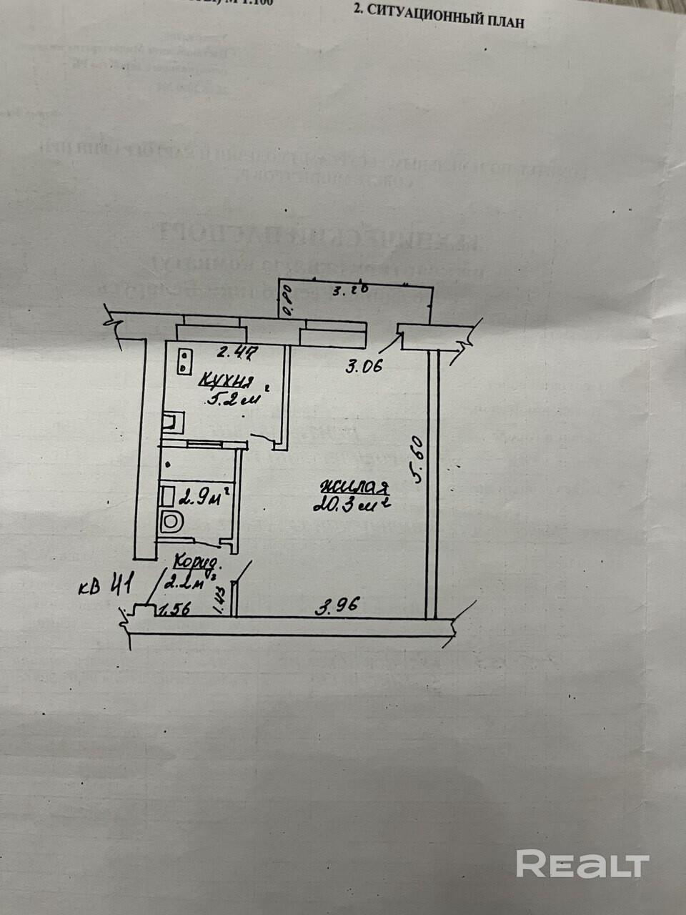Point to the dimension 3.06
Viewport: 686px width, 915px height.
click(x=364, y=367)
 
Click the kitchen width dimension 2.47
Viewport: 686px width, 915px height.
click(x=236, y=351)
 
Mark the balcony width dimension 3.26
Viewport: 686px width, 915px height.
click(x=351, y=291)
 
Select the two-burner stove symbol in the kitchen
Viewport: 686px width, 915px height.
click(x=185, y=360)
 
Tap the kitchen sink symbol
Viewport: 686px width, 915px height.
click(x=173, y=422)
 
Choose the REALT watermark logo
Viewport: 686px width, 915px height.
click(x=582, y=864)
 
